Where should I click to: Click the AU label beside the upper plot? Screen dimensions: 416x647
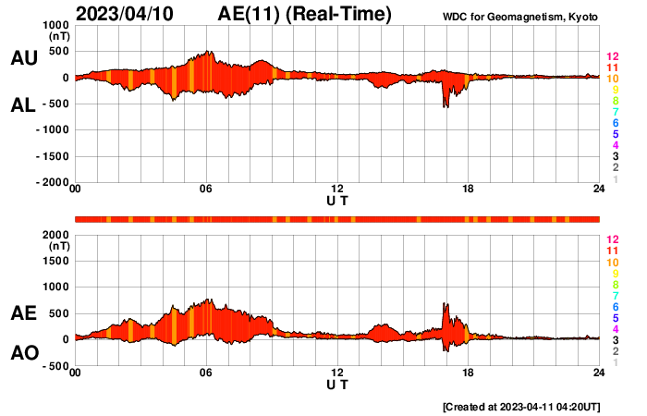23,58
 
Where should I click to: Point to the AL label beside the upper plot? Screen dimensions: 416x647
23,106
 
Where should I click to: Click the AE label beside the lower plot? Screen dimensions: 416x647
23,313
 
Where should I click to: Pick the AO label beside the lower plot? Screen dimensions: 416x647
23,353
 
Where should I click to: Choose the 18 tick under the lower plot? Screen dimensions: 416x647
468,372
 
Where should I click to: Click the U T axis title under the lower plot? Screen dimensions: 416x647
337,384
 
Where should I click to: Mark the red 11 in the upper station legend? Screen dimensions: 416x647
612,67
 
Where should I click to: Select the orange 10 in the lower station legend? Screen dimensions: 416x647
612,263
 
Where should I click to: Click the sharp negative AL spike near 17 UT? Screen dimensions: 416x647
446,106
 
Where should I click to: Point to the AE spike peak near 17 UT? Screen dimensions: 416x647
446,304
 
